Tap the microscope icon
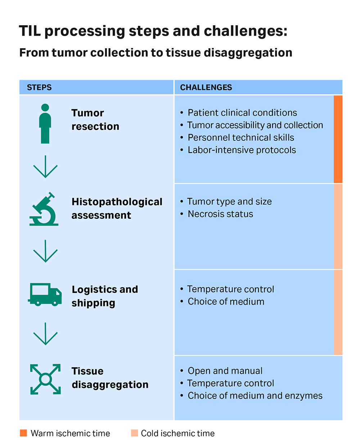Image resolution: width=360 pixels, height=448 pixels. coord(44,209)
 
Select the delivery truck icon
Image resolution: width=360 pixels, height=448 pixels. coord(45,295)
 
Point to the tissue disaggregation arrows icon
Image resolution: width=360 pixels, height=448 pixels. coord(45,379)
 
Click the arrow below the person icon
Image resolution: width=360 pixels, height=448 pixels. coord(45,167)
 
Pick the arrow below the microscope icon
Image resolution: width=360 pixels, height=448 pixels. coord(45,251)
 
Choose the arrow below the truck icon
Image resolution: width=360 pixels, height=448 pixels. coord(45,334)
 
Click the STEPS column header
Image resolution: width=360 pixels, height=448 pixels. coord(39,87)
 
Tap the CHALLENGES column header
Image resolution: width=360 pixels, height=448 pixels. coord(206,87)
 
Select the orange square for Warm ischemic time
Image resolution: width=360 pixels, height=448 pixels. coord(23,433)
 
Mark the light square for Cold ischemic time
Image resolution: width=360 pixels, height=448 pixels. coord(135,433)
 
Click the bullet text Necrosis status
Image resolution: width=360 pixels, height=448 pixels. coord(220,214)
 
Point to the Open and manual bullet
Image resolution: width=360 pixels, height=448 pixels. coord(225,371)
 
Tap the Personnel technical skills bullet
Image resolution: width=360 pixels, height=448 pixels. coord(241,137)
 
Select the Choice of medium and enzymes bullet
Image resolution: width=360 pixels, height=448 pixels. coord(255,395)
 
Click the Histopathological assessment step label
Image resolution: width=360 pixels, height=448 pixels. coord(117,208)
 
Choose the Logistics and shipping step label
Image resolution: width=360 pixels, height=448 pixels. coord(104,296)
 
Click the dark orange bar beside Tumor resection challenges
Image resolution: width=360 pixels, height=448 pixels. coord(338,139)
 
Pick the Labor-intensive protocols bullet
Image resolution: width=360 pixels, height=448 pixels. coord(242,150)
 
